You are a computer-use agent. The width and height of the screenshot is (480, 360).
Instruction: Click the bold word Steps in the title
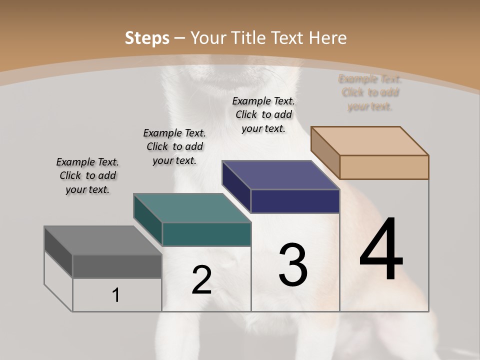(x=146, y=38)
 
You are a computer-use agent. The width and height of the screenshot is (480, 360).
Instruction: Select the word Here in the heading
(x=328, y=38)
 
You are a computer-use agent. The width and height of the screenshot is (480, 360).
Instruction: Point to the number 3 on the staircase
(x=293, y=265)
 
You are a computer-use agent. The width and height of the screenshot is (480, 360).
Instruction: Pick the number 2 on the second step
(x=202, y=280)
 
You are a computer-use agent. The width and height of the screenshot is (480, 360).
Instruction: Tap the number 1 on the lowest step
(x=116, y=295)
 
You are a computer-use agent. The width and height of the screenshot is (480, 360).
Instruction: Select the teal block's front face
(x=206, y=234)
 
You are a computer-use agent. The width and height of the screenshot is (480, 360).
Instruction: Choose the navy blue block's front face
(x=295, y=201)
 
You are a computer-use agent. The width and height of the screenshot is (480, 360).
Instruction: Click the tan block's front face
(x=384, y=167)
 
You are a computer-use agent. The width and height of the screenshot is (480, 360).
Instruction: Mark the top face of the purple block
(x=280, y=175)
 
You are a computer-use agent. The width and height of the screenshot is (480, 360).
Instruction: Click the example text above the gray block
(x=87, y=175)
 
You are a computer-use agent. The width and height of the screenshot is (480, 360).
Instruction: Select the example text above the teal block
(x=174, y=146)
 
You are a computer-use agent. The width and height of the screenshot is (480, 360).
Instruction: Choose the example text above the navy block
(x=263, y=114)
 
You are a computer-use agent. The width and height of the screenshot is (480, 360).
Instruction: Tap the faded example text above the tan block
(x=370, y=92)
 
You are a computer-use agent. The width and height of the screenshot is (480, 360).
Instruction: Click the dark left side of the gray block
(x=58, y=253)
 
